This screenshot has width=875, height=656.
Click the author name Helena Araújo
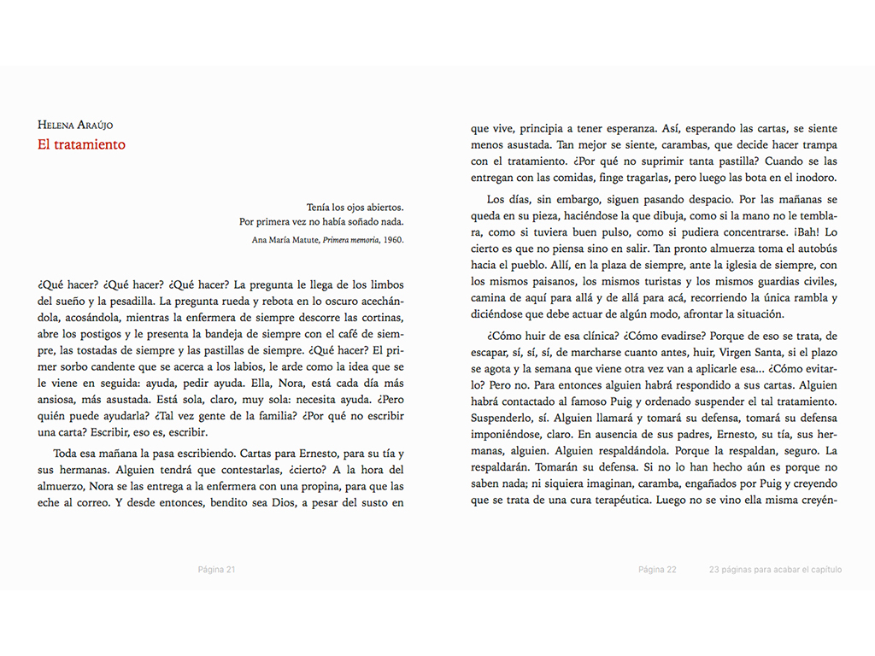(x=75, y=125)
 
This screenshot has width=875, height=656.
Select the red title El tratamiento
(x=81, y=144)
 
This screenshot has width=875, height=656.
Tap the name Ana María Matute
(x=286, y=239)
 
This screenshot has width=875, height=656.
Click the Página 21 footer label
(x=216, y=570)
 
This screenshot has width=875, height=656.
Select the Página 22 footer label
(x=657, y=570)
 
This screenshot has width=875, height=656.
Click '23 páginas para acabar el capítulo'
(x=775, y=570)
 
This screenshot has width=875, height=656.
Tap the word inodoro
(x=815, y=178)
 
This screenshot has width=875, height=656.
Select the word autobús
(x=816, y=249)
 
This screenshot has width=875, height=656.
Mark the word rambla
(x=786, y=298)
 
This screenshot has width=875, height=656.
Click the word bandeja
(x=240, y=334)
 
